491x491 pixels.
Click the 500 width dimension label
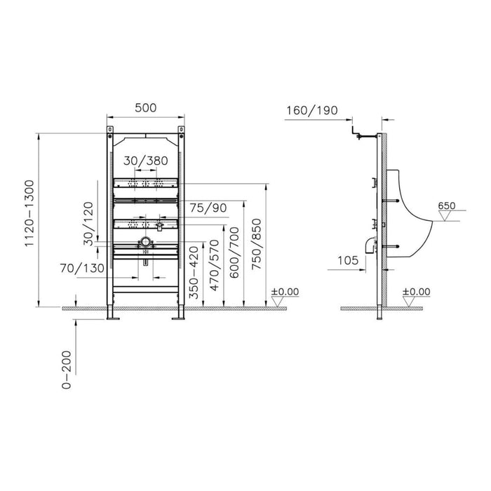(x=146, y=108)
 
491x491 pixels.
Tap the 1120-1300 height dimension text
(x=29, y=213)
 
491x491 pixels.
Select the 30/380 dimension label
(x=146, y=161)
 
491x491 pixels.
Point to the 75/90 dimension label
(x=208, y=208)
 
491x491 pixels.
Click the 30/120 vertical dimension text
(x=89, y=224)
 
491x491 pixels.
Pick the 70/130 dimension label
(x=82, y=268)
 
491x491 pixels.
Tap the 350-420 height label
(x=194, y=272)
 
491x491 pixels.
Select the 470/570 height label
(x=215, y=265)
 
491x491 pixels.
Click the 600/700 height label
(x=234, y=253)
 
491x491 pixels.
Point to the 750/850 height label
(x=257, y=244)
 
